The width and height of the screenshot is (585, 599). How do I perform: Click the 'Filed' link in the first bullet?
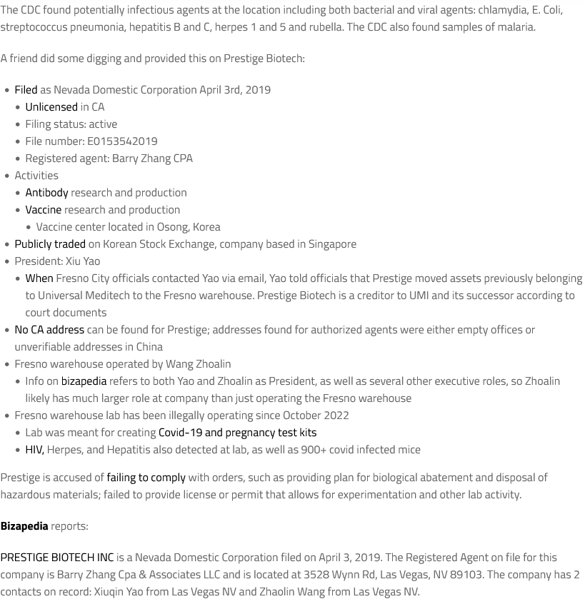[x=26, y=89]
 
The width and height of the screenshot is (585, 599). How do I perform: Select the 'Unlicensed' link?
[x=51, y=106]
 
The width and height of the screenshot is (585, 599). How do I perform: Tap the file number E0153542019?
[x=122, y=141]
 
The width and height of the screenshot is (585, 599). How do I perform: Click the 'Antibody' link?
[x=46, y=192]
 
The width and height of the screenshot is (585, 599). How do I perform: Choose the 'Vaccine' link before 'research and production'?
[x=43, y=209]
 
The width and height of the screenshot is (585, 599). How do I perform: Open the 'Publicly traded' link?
[x=50, y=243]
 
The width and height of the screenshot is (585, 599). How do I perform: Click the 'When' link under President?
[x=39, y=278]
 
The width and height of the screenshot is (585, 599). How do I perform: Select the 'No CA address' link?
[x=49, y=329]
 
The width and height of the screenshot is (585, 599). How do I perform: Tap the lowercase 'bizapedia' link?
[x=84, y=381]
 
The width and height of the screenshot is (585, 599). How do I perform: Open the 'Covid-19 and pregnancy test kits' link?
[x=237, y=432]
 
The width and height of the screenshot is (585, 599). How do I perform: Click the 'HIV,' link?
[x=34, y=449]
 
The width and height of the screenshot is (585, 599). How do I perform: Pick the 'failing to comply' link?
[x=146, y=477]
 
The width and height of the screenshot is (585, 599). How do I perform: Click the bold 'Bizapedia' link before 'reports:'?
[x=24, y=525]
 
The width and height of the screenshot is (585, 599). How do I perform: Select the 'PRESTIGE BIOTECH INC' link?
[x=57, y=557]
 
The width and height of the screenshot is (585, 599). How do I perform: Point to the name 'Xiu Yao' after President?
[x=82, y=261]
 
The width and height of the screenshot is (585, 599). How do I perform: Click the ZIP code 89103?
[x=466, y=574]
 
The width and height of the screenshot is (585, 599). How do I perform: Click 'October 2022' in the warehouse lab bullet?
[x=316, y=415]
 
